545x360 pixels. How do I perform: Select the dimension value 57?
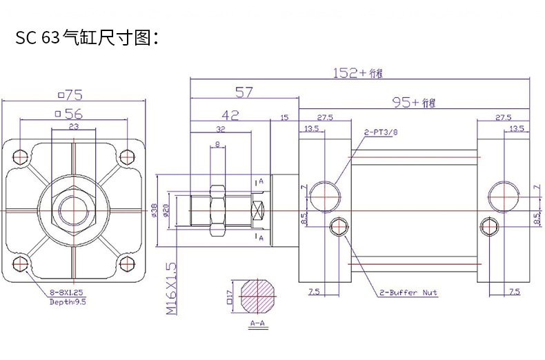pos(244,92)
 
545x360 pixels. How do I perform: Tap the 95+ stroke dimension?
pos(415,103)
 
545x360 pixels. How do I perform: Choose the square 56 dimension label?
pos(70,114)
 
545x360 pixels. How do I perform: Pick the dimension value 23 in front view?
pos(73,128)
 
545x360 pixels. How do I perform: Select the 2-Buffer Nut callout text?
pos(408,293)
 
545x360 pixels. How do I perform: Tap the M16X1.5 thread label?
pos(171,288)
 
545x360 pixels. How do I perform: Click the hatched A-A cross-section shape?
pos(259,297)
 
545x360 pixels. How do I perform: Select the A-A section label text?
pos(259,323)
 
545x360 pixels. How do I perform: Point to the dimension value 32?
pos(220,129)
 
